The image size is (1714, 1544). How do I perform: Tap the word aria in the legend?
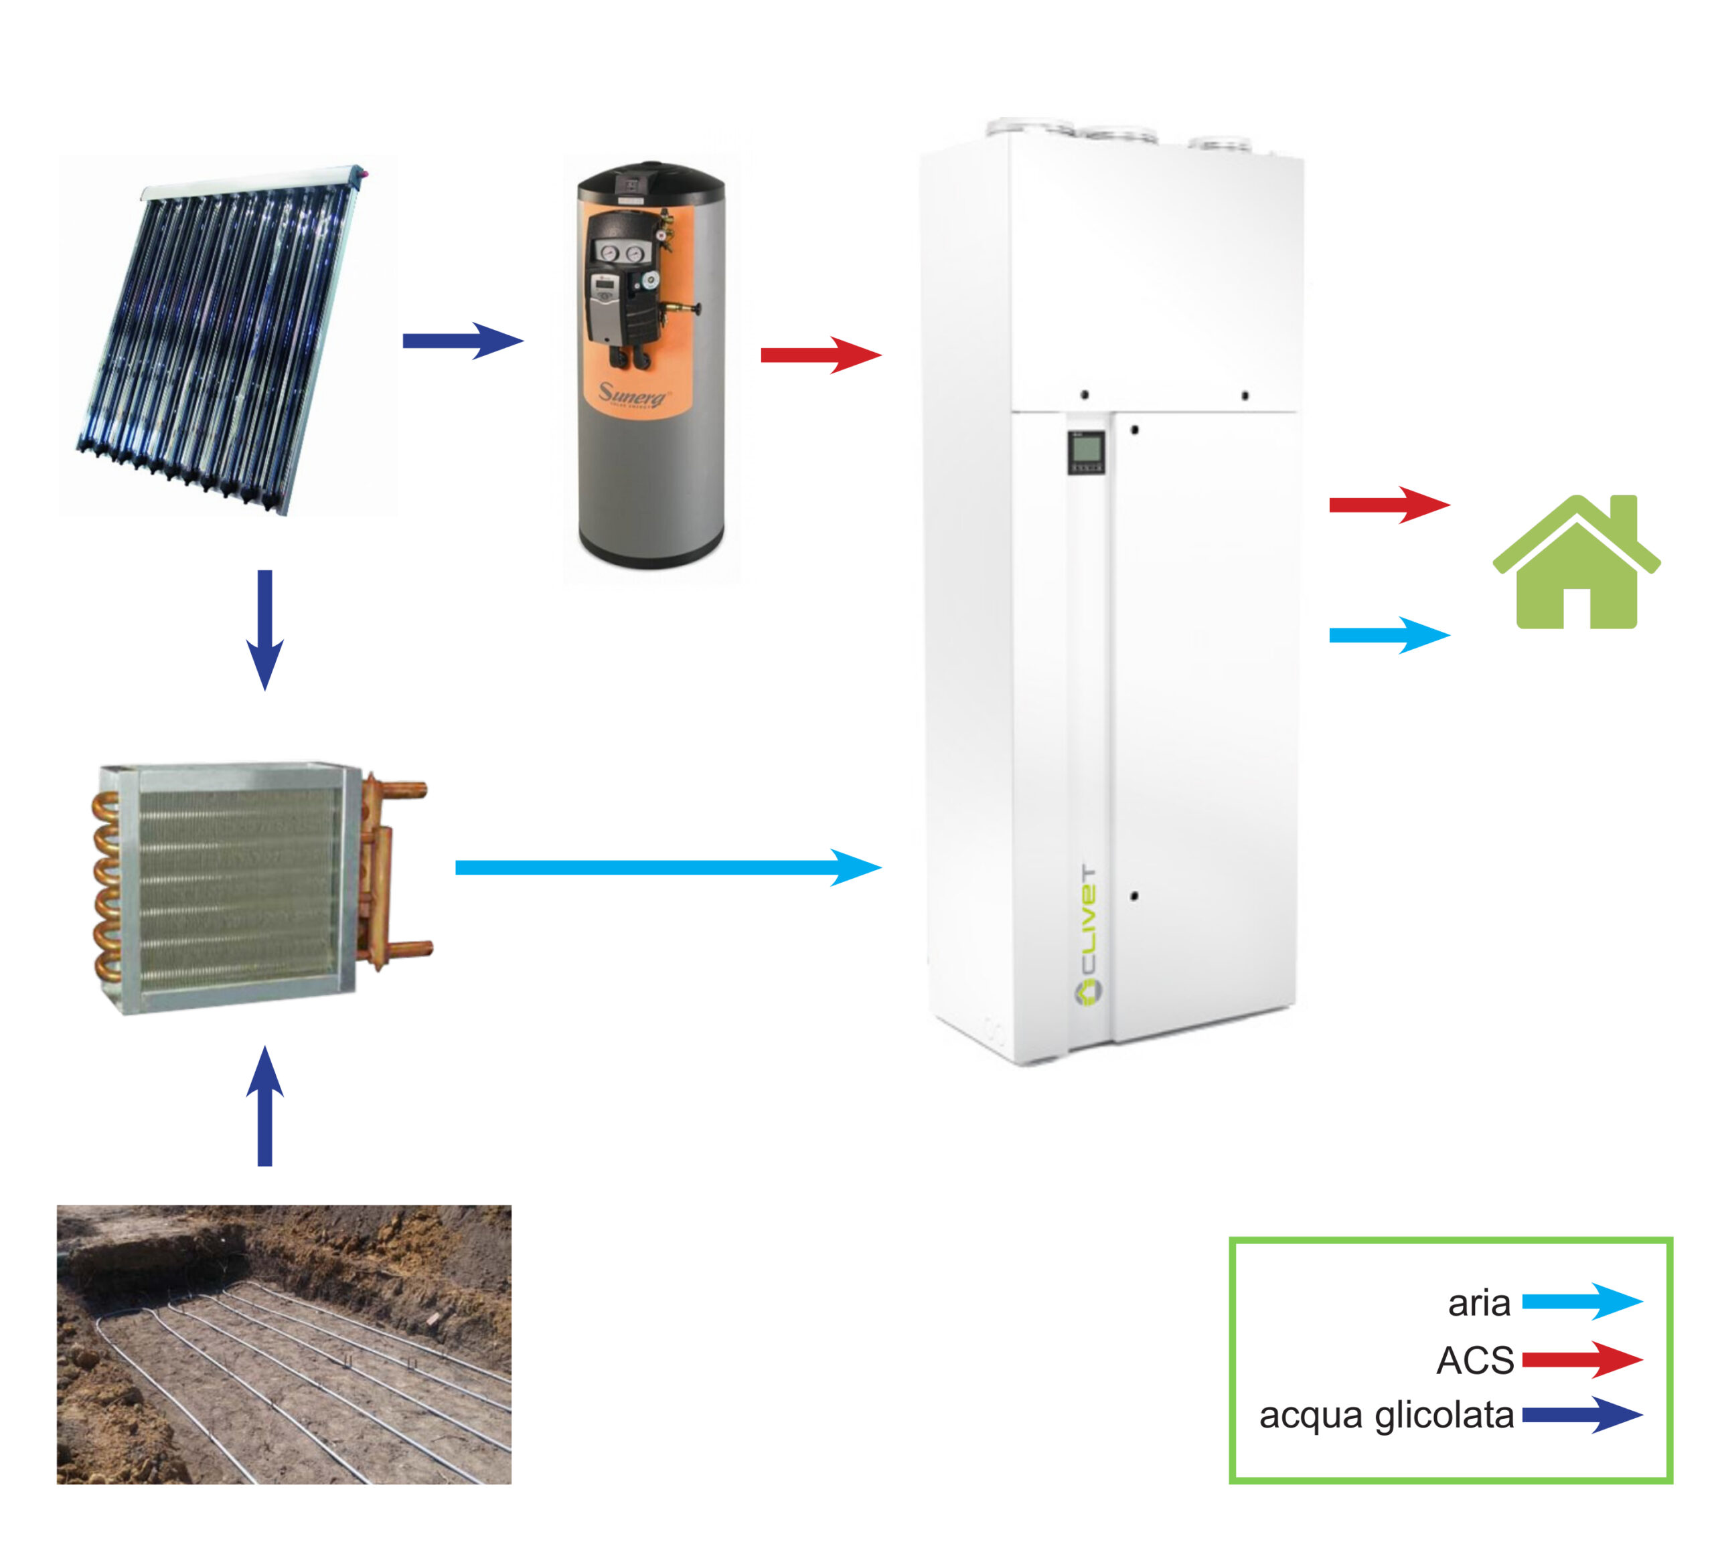coord(1478,1303)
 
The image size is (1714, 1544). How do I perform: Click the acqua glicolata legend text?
coord(1387,1415)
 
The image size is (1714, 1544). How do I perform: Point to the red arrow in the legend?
coord(1581,1360)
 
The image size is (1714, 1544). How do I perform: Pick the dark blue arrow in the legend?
coord(1581,1415)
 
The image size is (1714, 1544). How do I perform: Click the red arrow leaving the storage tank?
coord(821,355)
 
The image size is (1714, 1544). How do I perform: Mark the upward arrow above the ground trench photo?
coord(264,1106)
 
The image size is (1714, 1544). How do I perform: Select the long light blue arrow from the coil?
coord(668,867)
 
